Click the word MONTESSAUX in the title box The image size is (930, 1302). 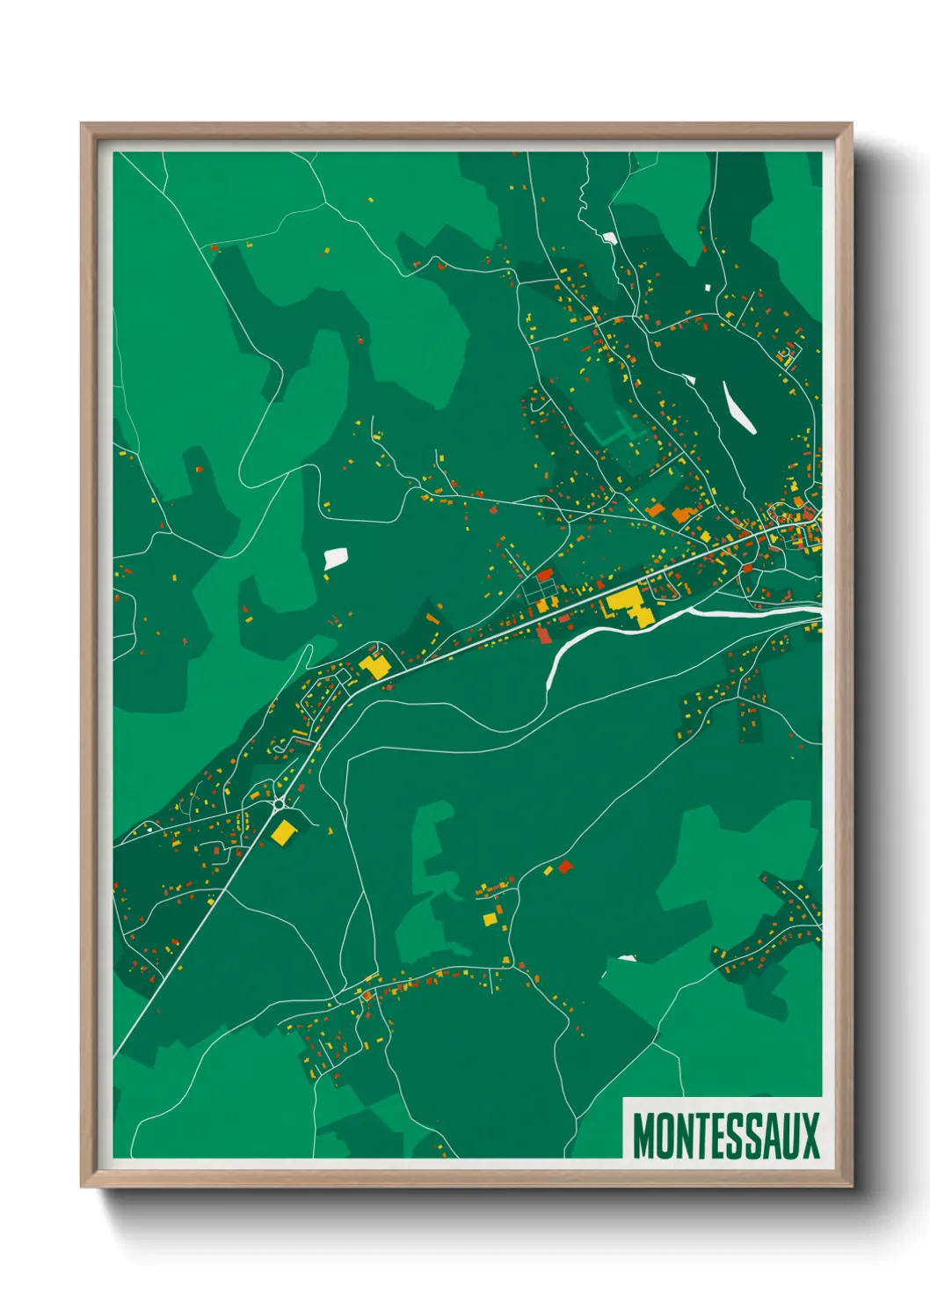point(725,1136)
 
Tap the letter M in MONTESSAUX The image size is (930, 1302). point(643,1136)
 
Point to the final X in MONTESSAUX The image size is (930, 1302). point(810,1136)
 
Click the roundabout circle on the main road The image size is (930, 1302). point(279,803)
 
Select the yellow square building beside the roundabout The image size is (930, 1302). point(283,832)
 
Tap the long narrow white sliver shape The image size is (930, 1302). point(739,407)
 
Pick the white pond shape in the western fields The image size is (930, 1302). point(336,557)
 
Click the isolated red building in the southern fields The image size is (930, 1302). point(565,867)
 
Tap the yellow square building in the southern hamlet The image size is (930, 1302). point(490,919)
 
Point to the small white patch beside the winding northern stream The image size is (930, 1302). point(608,237)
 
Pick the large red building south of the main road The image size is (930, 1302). point(543,635)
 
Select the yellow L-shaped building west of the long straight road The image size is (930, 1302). point(376,665)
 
